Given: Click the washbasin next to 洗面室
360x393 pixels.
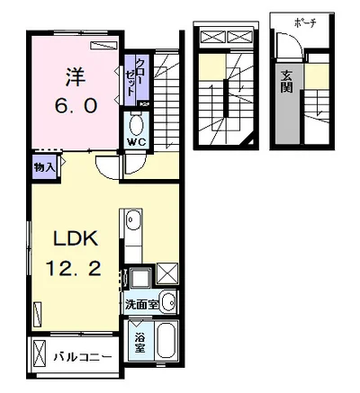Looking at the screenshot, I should (x=168, y=302).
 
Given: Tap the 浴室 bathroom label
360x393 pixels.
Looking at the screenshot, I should (x=140, y=344).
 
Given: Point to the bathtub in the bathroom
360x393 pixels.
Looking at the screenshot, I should (x=168, y=343).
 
